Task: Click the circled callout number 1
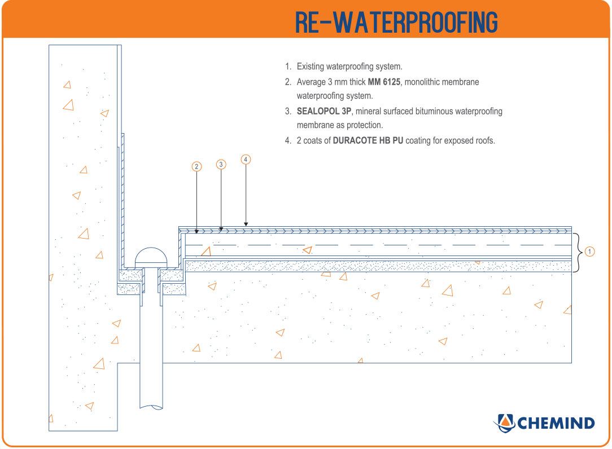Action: (x=589, y=252)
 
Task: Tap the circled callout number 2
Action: (x=196, y=166)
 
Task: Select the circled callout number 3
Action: (x=221, y=164)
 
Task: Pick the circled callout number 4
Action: (x=245, y=160)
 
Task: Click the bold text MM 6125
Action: (x=384, y=82)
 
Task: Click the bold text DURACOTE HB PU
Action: (x=368, y=141)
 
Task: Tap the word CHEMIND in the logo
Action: (x=556, y=423)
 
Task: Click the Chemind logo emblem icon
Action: (x=504, y=422)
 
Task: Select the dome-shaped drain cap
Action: (x=151, y=257)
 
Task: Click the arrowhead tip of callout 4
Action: (x=246, y=226)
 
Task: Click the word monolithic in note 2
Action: (x=423, y=82)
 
